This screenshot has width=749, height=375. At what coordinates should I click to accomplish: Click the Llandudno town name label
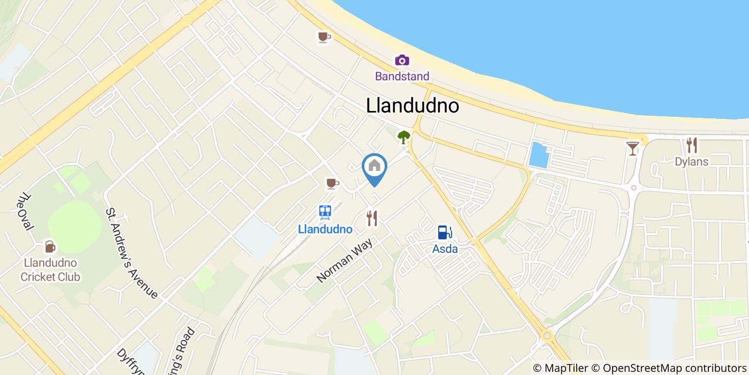point(412,106)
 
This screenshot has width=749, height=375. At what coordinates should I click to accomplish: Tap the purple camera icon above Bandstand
point(402,60)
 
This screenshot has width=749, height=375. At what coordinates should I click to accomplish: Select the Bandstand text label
point(402,76)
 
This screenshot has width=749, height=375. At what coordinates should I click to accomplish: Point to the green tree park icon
point(403,137)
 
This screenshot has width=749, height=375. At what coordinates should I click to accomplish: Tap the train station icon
point(325,213)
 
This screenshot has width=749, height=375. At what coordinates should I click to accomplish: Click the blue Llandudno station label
point(325,229)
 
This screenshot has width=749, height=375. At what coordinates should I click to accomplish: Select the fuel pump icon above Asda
point(445,232)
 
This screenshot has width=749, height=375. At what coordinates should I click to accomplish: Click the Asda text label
point(445,249)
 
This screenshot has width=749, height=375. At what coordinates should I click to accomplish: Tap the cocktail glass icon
point(633,148)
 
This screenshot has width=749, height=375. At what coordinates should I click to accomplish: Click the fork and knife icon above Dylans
point(692,145)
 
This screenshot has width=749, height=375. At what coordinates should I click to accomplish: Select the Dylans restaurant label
point(692,161)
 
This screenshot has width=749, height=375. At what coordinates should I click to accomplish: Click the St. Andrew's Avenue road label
point(132,253)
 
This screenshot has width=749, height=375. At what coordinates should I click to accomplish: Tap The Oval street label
point(25,212)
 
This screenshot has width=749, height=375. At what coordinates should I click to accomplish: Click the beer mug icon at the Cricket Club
point(50,246)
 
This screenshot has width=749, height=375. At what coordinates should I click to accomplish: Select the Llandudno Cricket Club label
point(50,270)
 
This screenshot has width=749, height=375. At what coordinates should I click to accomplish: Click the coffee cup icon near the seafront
point(324,37)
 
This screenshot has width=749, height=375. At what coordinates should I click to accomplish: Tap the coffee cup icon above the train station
point(332,184)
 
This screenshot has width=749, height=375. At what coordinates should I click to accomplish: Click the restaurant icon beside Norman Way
point(372,218)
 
